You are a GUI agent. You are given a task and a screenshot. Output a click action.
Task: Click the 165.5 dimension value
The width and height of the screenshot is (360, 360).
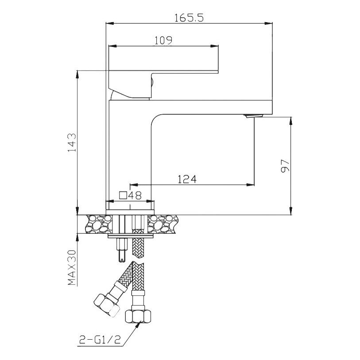coord(189,18)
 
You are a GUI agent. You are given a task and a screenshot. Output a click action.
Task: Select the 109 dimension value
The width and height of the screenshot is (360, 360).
coord(163,40)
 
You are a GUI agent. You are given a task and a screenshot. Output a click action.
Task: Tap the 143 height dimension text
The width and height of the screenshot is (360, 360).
coord(72,142)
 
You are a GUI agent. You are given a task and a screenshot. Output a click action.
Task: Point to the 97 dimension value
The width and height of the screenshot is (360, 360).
coord(285,166)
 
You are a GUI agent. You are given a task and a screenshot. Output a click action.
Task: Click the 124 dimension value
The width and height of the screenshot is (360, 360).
coord(187,179)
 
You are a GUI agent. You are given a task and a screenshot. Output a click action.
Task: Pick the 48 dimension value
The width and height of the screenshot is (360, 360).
coord(135,195)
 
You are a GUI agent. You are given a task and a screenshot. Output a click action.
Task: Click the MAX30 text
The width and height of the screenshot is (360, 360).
coord(72,268)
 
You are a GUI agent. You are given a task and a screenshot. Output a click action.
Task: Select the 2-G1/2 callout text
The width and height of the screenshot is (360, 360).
coord(100,339)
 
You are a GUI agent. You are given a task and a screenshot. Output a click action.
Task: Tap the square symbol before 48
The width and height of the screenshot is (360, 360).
coord(123,195)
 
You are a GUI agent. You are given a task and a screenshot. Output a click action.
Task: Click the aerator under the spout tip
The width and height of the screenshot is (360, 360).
coord(254,116)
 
